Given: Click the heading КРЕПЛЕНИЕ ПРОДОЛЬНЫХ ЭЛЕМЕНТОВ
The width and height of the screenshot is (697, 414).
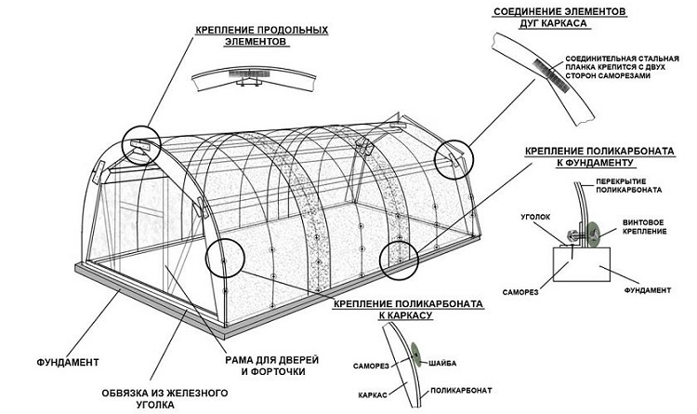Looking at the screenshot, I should [261, 35].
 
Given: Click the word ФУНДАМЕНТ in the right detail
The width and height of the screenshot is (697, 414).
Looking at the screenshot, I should [643, 289].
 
